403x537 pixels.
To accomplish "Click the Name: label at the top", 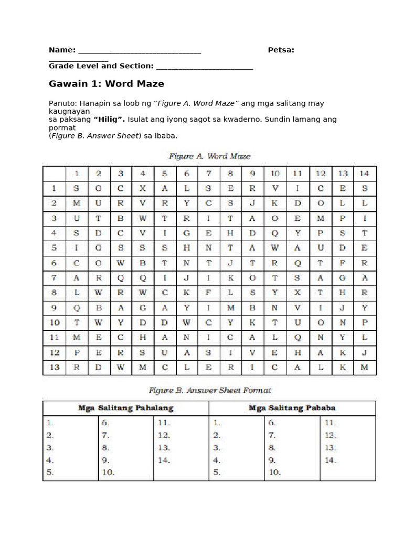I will tap(62, 50).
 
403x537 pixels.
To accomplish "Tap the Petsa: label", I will tap(281, 50).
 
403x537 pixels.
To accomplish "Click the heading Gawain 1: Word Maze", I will tap(107, 84).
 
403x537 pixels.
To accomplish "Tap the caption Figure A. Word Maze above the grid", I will tap(209, 156).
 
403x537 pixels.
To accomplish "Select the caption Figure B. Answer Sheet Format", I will tap(209, 391).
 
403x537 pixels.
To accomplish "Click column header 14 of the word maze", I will tap(365, 173).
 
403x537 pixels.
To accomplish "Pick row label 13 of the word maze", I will tap(54, 367).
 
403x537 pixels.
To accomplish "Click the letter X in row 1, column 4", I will tap(143, 188).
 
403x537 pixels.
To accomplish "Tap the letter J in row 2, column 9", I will tap(253, 202).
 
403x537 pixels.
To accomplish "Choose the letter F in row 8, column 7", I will tap(208, 292).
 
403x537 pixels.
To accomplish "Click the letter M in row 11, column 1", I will tap(77, 337).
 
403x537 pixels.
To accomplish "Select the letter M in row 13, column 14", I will tap(365, 367).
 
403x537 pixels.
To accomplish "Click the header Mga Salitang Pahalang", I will tap(126, 407).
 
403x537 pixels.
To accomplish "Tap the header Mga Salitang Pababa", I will tap(292, 407).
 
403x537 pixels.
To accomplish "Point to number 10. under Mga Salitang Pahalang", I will tap(108, 472).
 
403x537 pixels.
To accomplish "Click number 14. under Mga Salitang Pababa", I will tap(330, 460).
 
